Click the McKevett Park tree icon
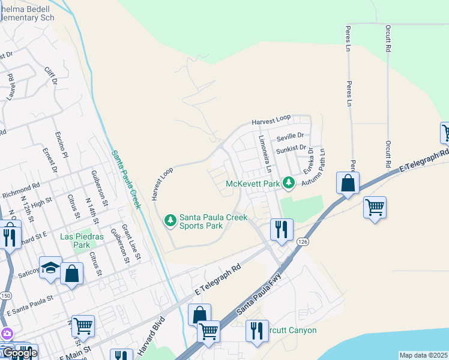(x=289, y=182)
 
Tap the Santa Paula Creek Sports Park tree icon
(x=171, y=221)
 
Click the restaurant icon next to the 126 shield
(x=280, y=229)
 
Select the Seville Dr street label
(x=291, y=136)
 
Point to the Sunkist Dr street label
(x=291, y=147)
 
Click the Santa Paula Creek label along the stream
(x=127, y=179)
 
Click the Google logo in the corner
(x=20, y=353)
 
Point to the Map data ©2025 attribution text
(x=423, y=355)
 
